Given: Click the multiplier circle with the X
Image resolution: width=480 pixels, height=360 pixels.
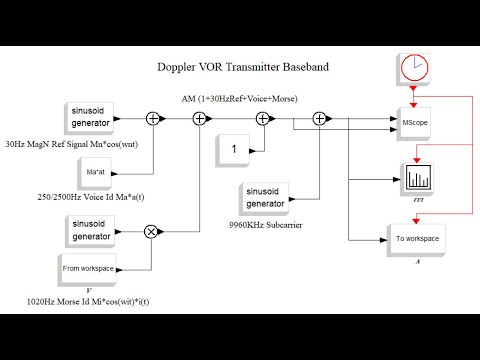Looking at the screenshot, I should pos(153,231).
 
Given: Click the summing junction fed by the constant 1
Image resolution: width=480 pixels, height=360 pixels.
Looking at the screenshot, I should pos(265,118).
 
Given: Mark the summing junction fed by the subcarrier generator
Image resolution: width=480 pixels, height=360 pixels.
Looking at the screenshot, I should pos(319,118).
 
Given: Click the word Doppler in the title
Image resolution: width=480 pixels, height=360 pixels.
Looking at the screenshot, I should pos(181,69).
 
